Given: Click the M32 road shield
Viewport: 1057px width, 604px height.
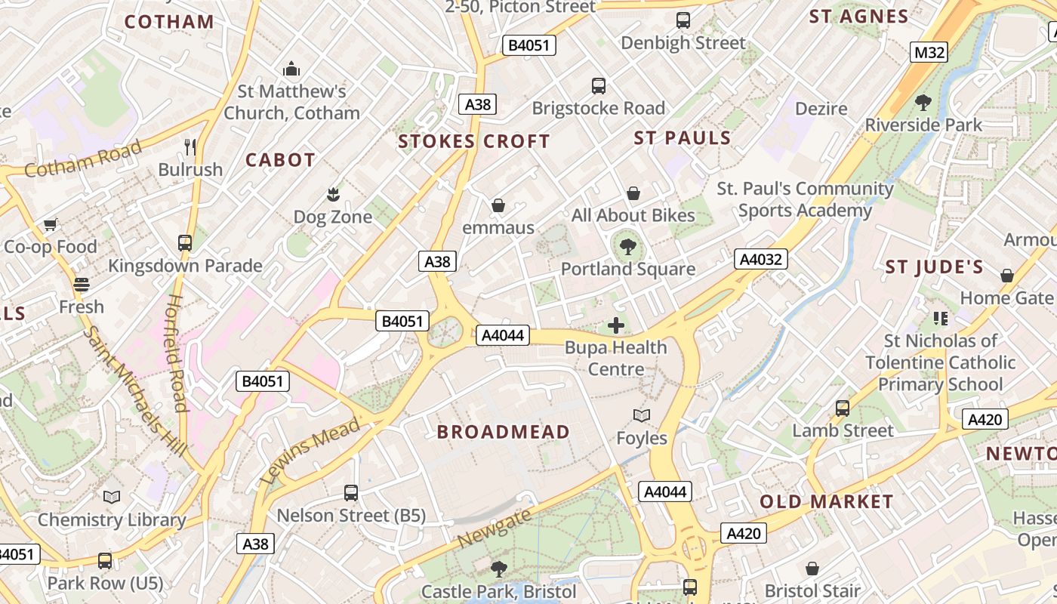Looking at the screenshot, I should [x=929, y=52].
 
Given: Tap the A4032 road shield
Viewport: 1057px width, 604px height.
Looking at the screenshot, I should [x=761, y=260].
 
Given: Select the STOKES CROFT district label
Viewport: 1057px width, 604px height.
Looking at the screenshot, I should [x=474, y=141].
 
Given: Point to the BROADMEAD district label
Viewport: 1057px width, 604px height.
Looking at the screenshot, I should [x=504, y=432].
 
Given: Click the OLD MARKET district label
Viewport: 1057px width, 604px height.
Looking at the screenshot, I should [x=826, y=501].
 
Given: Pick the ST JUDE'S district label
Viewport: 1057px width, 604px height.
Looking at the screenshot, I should [x=934, y=267].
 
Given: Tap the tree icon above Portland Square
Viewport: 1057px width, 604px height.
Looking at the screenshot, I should [x=627, y=245].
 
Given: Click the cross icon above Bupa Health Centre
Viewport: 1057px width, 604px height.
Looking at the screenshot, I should [x=616, y=325].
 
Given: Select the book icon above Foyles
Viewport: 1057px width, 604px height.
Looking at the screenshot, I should [x=641, y=415].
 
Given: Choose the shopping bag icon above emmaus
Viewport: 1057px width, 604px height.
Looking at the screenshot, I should [x=498, y=205].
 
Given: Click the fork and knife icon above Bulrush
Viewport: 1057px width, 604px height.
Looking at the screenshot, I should [x=190, y=146].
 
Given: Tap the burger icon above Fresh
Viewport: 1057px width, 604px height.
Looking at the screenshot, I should [x=82, y=285].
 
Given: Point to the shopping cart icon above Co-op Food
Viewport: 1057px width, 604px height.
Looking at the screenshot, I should [x=51, y=224].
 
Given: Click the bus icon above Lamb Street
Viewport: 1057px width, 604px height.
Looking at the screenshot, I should [x=843, y=408].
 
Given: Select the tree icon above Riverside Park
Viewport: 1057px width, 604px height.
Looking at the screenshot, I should [x=923, y=102].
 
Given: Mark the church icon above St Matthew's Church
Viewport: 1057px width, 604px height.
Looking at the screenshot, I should [x=291, y=69].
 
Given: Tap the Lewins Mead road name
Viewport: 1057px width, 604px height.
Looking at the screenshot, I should [x=310, y=451].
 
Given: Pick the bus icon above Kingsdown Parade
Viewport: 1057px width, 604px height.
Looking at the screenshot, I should [x=185, y=243].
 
